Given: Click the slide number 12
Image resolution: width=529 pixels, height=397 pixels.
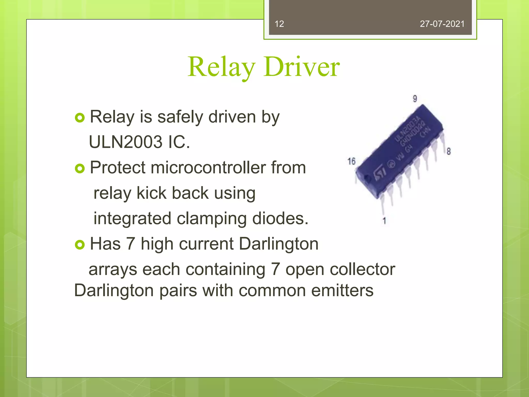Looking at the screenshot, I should (x=279, y=24).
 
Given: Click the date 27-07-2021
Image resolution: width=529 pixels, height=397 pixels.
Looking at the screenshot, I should (x=442, y=24).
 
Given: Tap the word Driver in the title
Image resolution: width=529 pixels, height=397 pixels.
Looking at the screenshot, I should (x=302, y=67).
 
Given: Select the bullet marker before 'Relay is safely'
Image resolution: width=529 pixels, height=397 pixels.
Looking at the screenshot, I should (x=80, y=118).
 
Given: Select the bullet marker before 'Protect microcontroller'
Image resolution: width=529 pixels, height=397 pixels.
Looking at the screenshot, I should (x=80, y=169).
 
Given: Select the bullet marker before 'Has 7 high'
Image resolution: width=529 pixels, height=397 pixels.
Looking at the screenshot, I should (x=80, y=245).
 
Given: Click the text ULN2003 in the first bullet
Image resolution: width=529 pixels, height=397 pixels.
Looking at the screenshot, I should (x=126, y=142).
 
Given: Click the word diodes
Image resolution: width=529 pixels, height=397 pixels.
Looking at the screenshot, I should (x=280, y=218).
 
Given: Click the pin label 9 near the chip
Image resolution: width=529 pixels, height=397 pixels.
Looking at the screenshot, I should (x=415, y=99).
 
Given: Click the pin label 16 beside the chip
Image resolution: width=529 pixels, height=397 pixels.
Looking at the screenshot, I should (x=351, y=161).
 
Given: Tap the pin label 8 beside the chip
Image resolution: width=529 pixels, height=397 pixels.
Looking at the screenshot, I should (x=449, y=151).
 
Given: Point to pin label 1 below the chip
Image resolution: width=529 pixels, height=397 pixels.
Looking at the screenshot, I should (x=384, y=221).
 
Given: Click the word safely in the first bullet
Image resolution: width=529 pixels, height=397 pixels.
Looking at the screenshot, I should (x=180, y=117).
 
